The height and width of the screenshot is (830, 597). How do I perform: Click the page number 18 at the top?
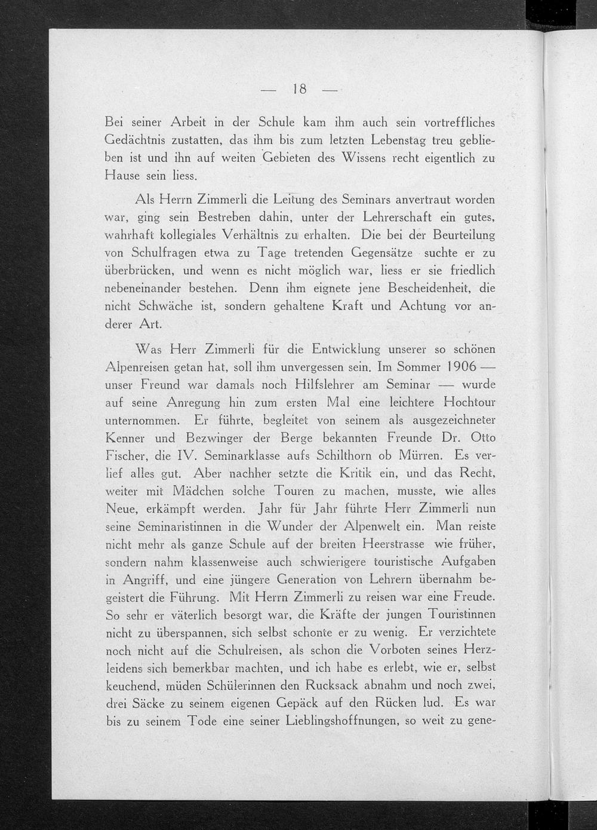click(299, 90)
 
